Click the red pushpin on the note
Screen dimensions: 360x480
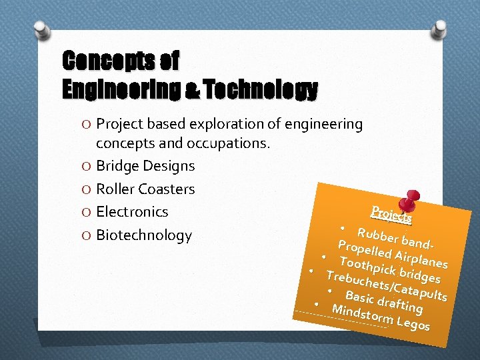405,201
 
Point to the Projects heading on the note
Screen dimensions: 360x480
391,213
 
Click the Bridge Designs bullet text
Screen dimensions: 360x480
145,166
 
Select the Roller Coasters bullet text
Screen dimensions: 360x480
145,189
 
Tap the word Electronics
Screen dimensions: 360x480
132,212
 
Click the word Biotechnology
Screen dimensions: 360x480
143,235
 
